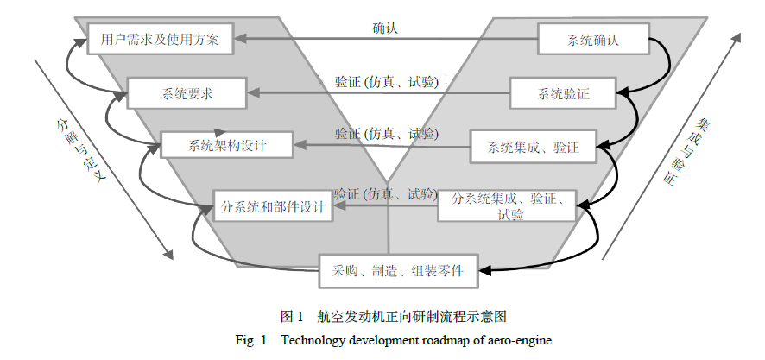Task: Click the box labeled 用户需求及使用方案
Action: tap(160, 39)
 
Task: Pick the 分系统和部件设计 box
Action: tap(272, 206)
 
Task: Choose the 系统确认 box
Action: tap(593, 40)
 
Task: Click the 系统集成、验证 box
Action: tap(534, 146)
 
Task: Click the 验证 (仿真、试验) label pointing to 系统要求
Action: tap(386, 82)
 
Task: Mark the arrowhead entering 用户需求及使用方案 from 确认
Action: tap(243, 39)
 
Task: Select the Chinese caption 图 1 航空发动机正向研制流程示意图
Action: tap(382, 316)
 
